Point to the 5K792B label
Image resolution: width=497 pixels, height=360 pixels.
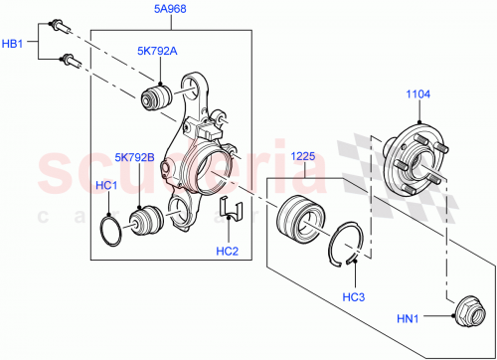pos(135,156)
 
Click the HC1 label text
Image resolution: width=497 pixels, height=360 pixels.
pos(106,186)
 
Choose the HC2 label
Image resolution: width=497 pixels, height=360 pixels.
pos(228,252)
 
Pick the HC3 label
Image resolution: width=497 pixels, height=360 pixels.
pos(353,296)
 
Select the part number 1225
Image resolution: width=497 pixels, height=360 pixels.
pos(303,156)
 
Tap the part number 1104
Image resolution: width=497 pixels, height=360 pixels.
pos(418,95)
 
